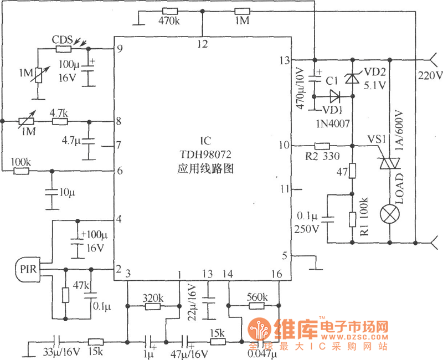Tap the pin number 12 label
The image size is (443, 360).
pyautogui.click(x=203, y=44)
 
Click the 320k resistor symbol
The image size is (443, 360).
pyautogui.click(x=153, y=306)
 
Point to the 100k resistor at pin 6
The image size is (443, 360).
pyautogui.click(x=21, y=171)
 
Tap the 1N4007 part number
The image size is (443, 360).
pyautogui.click(x=333, y=123)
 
